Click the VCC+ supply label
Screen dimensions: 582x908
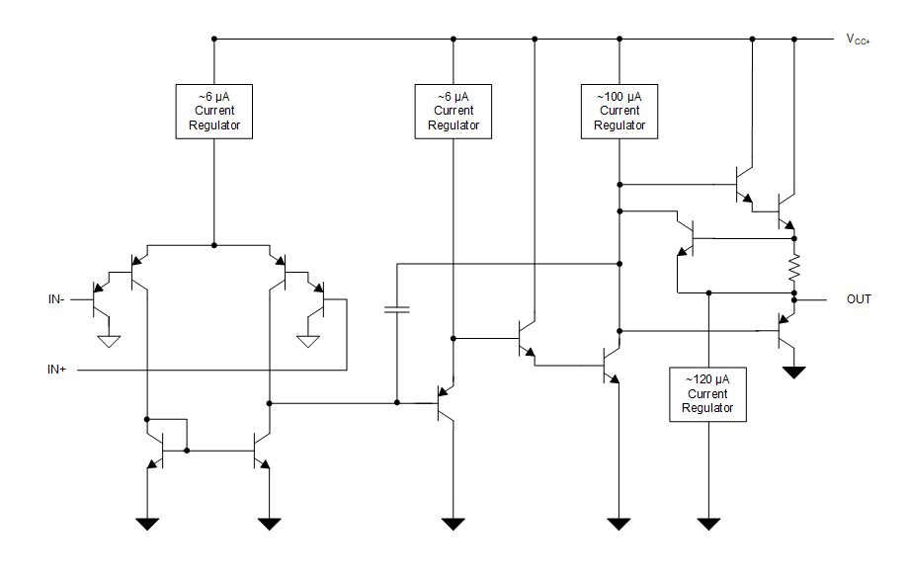(857, 40)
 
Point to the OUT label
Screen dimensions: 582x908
(859, 298)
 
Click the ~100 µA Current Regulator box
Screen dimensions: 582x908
(619, 111)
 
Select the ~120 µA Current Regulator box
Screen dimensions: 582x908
(708, 394)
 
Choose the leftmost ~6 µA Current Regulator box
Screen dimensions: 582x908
(213, 111)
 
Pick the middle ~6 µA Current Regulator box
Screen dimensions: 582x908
(454, 111)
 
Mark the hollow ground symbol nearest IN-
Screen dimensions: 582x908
(109, 342)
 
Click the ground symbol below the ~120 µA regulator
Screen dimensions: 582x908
(708, 523)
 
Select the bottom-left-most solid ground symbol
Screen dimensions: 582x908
(147, 523)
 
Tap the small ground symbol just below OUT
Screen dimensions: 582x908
(793, 373)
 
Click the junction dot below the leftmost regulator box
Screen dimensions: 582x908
(213, 244)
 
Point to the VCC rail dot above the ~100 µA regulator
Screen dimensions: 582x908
(619, 40)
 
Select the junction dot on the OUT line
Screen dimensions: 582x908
(793, 298)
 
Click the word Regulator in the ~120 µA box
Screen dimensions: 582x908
(708, 408)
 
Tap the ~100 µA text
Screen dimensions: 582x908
(619, 97)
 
